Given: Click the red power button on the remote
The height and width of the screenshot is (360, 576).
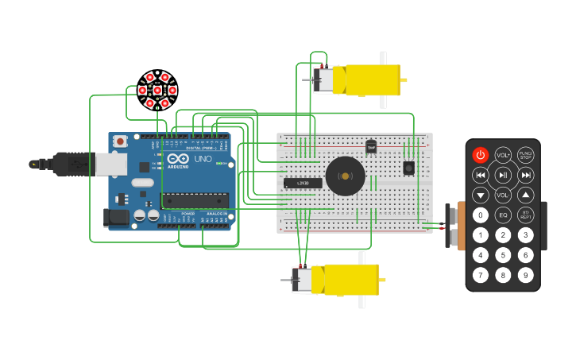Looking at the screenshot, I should (481, 155).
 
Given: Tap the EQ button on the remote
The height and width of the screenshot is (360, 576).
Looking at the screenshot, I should (503, 215).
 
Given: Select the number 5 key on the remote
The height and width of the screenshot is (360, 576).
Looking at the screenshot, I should (503, 255).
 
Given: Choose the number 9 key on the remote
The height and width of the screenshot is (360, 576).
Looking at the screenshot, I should (525, 275).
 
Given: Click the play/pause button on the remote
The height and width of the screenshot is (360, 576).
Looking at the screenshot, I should (503, 175).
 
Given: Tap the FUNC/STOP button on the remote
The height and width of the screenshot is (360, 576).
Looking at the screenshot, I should (525, 155).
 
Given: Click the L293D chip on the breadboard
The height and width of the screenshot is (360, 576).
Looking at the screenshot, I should (303, 183).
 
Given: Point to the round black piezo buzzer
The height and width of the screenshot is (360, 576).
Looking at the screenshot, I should (345, 175).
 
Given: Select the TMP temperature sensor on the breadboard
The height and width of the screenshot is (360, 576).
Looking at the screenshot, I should (370, 146).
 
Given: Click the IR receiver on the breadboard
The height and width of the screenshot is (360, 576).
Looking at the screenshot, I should (409, 168).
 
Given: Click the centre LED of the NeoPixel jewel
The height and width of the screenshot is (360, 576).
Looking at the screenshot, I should (157, 90).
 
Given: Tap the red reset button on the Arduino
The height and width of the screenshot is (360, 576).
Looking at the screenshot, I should (120, 141).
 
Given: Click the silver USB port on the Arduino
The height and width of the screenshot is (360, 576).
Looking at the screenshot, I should (110, 164).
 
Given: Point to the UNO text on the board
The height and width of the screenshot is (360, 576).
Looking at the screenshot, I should (203, 160).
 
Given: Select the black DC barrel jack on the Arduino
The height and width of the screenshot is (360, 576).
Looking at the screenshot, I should (116, 216).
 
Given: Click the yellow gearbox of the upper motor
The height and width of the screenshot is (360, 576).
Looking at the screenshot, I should (372, 80).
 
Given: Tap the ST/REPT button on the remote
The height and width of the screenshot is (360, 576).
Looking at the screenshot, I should (525, 215).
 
